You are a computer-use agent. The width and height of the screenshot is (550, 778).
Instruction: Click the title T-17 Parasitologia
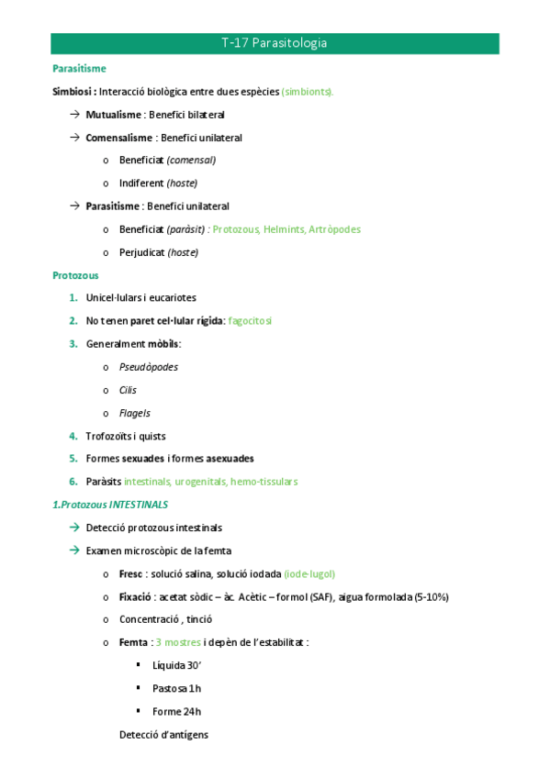[x=275, y=43]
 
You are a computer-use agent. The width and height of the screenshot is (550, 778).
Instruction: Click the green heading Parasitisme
[x=79, y=69]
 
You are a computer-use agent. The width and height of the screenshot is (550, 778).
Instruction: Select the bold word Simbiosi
[x=73, y=92]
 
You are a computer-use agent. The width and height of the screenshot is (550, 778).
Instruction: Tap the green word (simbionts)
[x=308, y=92]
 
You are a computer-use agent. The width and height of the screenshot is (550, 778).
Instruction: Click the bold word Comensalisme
[x=119, y=138]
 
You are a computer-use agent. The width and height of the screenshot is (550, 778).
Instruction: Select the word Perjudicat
[x=141, y=252]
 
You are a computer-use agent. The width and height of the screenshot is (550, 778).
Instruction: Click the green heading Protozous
[x=76, y=275]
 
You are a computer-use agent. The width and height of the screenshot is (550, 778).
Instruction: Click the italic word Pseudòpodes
[x=149, y=367]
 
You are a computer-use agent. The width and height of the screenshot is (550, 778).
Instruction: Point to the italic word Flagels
[x=135, y=413]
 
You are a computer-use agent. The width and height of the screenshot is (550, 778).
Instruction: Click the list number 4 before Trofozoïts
[x=73, y=436]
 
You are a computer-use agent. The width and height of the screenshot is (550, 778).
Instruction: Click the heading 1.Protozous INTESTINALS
[x=110, y=505]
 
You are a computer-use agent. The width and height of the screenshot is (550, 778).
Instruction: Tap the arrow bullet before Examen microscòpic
[x=74, y=550]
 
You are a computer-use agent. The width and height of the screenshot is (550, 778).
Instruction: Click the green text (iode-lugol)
[x=309, y=573]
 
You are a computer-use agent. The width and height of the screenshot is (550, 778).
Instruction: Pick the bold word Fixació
[x=136, y=596]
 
